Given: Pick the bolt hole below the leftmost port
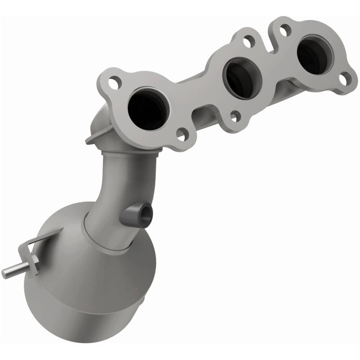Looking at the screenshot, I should [x=181, y=133].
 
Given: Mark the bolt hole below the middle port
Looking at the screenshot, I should [x=234, y=117].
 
